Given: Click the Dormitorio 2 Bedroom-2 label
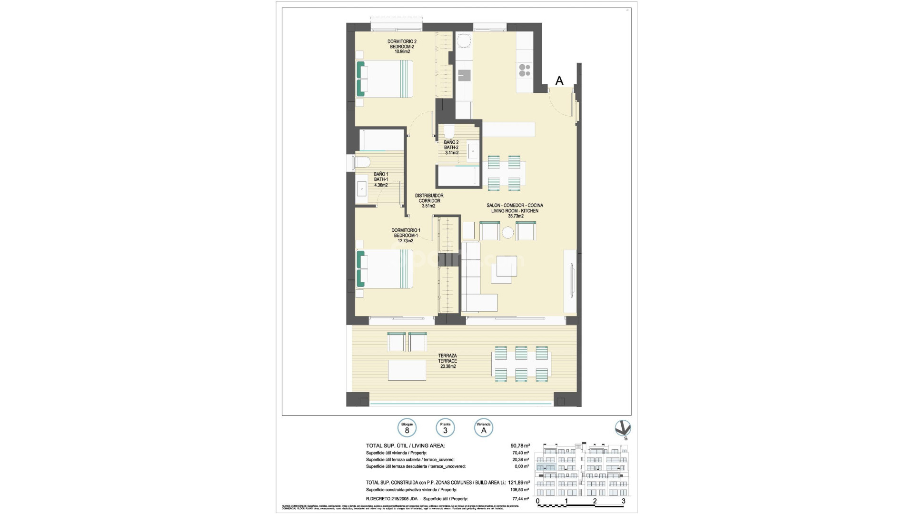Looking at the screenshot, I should (x=402, y=46).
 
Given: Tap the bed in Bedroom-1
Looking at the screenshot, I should (x=386, y=269).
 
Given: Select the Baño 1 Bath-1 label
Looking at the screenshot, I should (x=381, y=179).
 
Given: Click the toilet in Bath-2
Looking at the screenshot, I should (x=449, y=132).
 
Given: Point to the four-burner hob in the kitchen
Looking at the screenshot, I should (x=525, y=70).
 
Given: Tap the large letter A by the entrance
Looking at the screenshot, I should (x=559, y=81).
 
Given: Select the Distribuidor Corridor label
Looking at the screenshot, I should (x=429, y=201).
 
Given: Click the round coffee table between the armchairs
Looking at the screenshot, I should (x=508, y=233).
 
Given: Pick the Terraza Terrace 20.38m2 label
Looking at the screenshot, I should (x=447, y=361).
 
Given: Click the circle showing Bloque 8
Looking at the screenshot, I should (x=407, y=427).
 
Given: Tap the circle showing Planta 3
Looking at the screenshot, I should (x=445, y=427).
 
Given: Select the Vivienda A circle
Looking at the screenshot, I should (x=484, y=427).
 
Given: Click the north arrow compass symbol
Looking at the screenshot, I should (x=623, y=429).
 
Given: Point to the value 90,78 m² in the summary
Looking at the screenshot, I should (x=520, y=445).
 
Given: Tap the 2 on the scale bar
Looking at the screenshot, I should (x=595, y=501).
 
